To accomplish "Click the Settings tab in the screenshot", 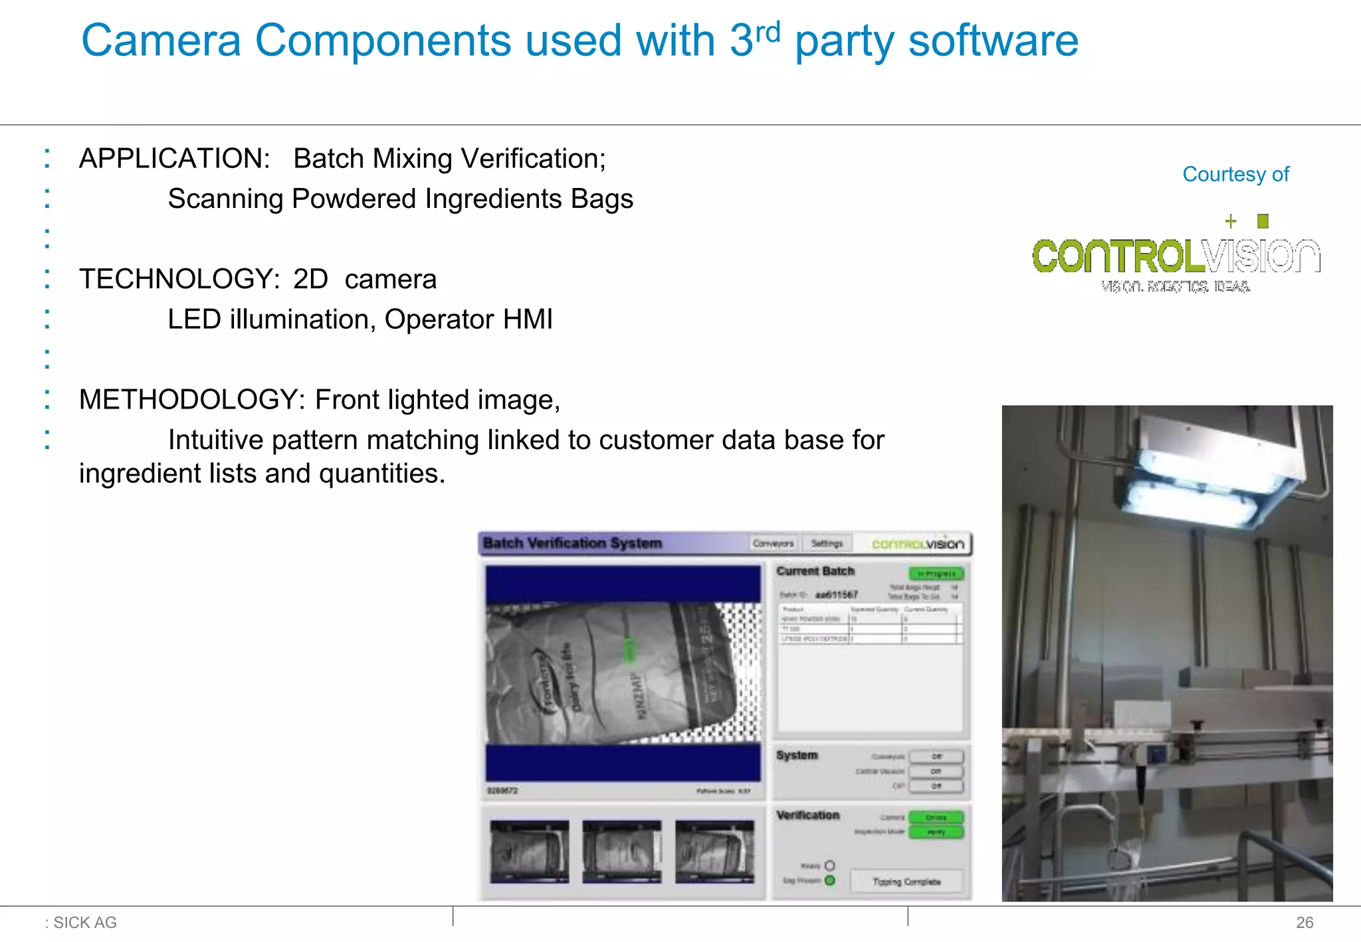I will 827,543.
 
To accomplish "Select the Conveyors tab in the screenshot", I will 773,543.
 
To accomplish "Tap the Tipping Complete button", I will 906,882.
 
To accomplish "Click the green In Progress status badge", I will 936,573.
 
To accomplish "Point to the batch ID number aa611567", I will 837,595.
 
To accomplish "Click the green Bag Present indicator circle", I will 830,880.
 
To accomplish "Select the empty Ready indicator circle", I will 830,866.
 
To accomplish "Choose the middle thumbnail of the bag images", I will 621,852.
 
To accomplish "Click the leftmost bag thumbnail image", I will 529,852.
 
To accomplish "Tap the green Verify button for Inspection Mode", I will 936,832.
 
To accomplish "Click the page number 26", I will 1305,922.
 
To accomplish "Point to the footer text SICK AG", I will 85,922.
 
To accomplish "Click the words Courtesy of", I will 1235,174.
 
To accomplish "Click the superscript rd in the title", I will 768,31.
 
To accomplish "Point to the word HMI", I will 528,320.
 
